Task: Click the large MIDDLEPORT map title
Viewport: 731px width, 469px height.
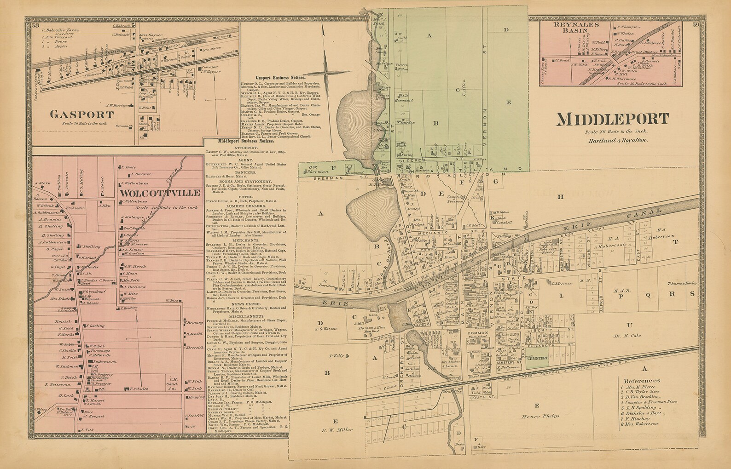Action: point(612,119)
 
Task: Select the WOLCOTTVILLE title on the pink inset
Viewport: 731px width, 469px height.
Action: point(160,193)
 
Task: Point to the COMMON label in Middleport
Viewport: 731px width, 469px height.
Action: point(474,332)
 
